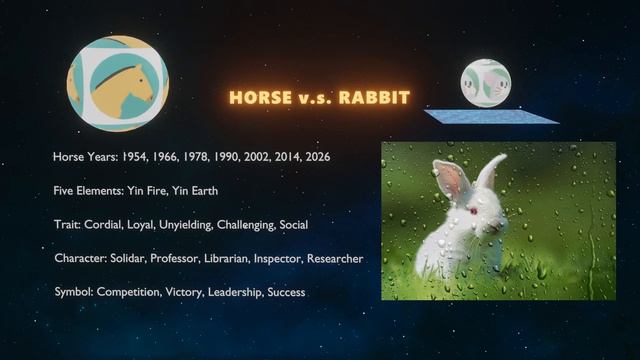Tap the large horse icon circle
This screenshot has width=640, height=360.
point(118,84)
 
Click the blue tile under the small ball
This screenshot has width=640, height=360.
point(491,116)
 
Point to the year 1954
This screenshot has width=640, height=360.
point(136,157)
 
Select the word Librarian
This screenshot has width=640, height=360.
point(235,258)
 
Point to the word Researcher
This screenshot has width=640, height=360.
point(335,258)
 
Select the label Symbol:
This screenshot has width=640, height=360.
point(73,292)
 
